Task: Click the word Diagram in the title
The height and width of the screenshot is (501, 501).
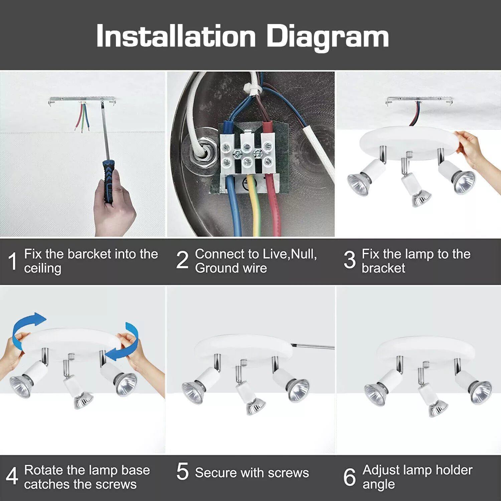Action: click(327, 37)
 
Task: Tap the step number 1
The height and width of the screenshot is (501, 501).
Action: click(12, 261)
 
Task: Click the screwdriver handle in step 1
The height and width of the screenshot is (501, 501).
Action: click(109, 180)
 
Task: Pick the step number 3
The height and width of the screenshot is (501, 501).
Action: click(350, 261)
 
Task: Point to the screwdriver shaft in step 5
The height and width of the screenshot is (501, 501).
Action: click(312, 346)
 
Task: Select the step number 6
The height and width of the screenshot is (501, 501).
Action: click(350, 477)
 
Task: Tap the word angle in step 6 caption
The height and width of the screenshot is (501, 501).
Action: click(378, 484)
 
